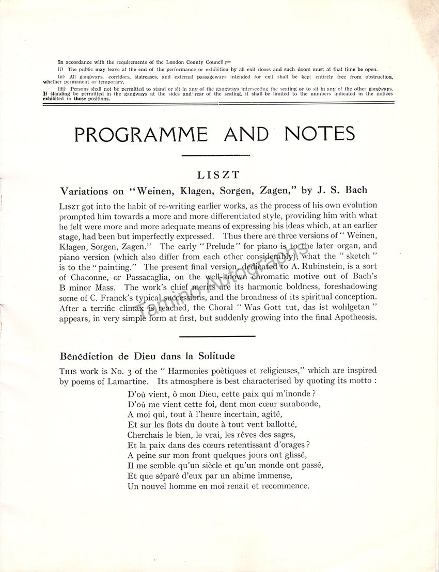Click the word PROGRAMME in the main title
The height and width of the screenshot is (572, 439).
pyautogui.click(x=141, y=134)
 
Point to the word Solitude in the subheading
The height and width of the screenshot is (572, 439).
pyautogui.click(x=212, y=356)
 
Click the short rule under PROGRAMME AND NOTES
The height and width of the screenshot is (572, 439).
pyautogui.click(x=216, y=154)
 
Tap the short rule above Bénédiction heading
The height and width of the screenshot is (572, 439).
pyautogui.click(x=217, y=337)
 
